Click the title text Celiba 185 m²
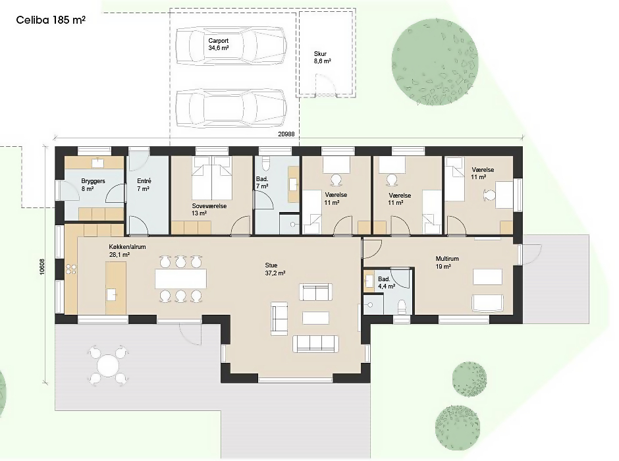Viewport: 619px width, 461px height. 51,20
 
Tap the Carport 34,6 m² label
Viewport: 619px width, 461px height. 219,44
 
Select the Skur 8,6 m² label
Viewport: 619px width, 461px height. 322,57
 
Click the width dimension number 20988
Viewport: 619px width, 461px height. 286,134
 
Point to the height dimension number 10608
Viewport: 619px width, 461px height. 43,267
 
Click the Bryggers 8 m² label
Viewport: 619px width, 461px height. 93,184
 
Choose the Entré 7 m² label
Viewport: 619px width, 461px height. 144,184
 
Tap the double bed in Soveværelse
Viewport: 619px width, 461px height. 211,178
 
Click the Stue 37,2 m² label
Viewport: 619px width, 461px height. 275,269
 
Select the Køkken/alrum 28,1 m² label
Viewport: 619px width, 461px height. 127,251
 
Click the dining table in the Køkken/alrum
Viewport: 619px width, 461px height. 180,279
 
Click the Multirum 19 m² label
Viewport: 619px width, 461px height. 447,263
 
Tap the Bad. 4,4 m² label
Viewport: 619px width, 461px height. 387,283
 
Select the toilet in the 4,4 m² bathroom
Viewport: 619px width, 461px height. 402,307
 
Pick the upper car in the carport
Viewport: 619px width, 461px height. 231,46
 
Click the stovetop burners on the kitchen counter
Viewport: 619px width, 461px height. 71,269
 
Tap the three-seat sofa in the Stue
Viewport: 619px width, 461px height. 315,344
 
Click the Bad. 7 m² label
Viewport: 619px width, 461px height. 262,182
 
